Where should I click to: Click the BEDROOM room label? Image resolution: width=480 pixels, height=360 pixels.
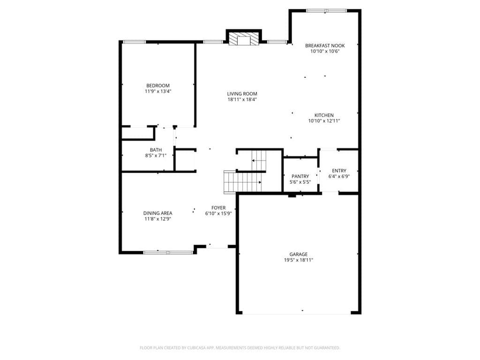pyautogui.click(x=158, y=86)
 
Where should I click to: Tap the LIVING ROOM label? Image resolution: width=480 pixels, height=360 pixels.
pyautogui.click(x=242, y=94)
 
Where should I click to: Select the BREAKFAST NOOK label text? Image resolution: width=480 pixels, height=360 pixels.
pyautogui.click(x=325, y=45)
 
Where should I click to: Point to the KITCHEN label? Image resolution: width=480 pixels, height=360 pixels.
pyautogui.click(x=324, y=115)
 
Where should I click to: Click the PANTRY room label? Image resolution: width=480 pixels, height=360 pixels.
pyautogui.click(x=300, y=176)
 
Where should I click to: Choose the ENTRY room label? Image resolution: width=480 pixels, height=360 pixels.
pyautogui.click(x=339, y=171)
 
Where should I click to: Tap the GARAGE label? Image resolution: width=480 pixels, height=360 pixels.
pyautogui.click(x=299, y=255)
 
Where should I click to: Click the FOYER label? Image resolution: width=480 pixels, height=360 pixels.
pyautogui.click(x=218, y=208)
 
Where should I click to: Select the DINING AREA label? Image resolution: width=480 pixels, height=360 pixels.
pyautogui.click(x=157, y=213)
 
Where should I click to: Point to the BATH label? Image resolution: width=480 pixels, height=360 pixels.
pyautogui.click(x=156, y=150)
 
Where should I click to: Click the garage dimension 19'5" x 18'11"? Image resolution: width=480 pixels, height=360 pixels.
pyautogui.click(x=299, y=260)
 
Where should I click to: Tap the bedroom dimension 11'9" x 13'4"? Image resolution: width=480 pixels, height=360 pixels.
pyautogui.click(x=158, y=91)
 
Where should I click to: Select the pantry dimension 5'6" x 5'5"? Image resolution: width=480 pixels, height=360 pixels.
pyautogui.click(x=300, y=182)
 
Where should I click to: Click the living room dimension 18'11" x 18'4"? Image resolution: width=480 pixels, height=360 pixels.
pyautogui.click(x=242, y=99)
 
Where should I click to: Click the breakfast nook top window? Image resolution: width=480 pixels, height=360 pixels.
pyautogui.click(x=326, y=11)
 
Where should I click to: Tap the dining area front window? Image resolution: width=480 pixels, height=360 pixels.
pyautogui.click(x=168, y=253)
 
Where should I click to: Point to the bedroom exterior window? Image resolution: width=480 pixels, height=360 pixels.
pyautogui.click(x=135, y=42)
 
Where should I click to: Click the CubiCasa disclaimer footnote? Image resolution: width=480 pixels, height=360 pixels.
pyautogui.click(x=240, y=348)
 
